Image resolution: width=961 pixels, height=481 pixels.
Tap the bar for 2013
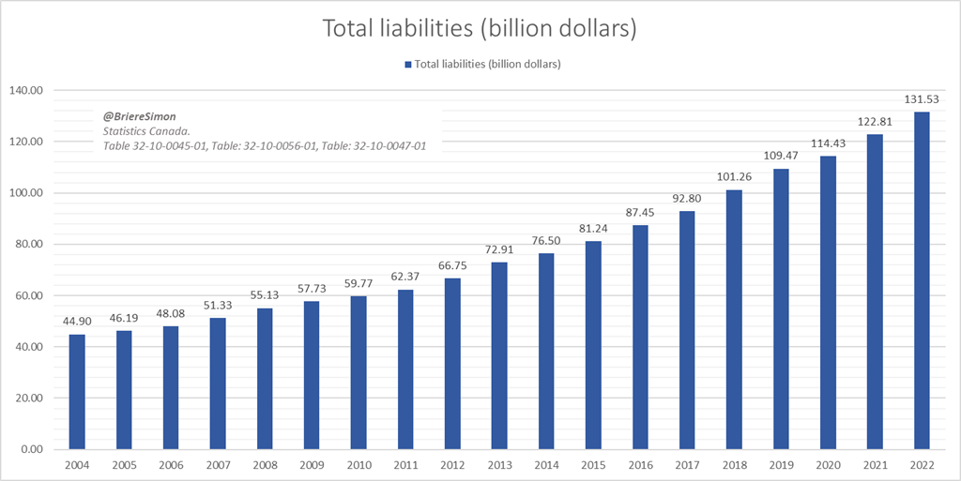(499, 355)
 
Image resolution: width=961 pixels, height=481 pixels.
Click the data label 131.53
(922, 98)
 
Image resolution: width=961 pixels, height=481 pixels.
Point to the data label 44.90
(77, 321)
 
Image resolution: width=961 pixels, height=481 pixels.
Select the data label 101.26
(734, 176)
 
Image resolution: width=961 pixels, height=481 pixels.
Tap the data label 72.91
(499, 248)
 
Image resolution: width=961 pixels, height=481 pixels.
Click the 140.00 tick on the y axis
(32, 91)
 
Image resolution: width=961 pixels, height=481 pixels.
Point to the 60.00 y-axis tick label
(34, 295)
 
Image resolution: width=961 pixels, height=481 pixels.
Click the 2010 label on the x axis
(358, 464)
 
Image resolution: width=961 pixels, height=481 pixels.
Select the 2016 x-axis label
(640, 464)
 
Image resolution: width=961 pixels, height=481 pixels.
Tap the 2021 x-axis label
(875, 464)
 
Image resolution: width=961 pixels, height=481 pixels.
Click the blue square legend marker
(408, 64)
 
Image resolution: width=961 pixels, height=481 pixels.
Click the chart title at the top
(480, 28)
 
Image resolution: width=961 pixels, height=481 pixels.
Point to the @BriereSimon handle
(139, 116)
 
